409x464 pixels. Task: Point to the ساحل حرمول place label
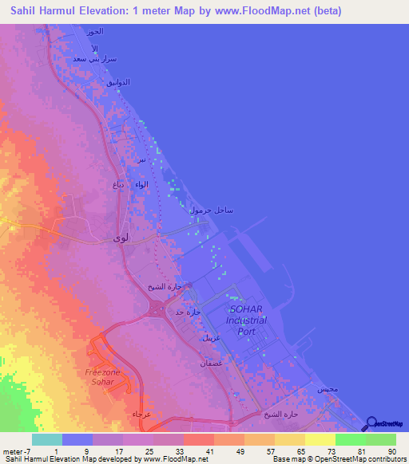[x=211, y=210]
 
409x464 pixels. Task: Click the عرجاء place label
[x=141, y=415]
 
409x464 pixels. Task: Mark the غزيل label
[x=209, y=338]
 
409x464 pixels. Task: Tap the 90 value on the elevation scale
[x=392, y=452]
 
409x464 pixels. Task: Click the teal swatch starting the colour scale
[x=47, y=439]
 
